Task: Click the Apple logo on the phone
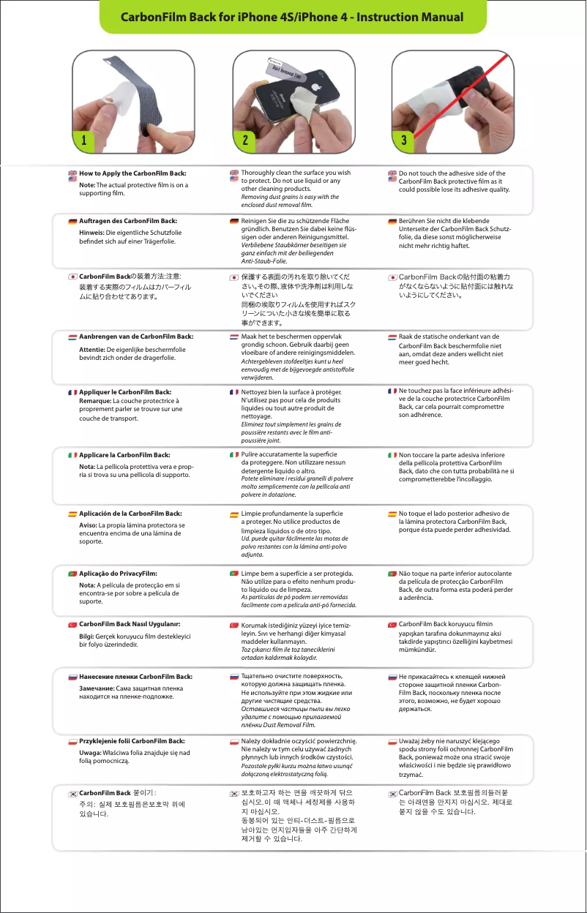317,86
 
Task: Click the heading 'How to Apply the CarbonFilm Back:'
132,173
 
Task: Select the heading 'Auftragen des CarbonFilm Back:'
128,220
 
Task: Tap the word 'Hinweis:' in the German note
92,232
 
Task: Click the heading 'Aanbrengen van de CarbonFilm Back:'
136,336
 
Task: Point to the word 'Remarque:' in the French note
95,401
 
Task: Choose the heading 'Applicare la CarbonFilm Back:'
124,455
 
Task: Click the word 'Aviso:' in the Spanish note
89,525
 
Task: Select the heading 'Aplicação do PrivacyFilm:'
118,573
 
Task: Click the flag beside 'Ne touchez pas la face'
392,391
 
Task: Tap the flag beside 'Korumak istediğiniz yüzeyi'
233,625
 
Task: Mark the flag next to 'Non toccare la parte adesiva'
392,455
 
